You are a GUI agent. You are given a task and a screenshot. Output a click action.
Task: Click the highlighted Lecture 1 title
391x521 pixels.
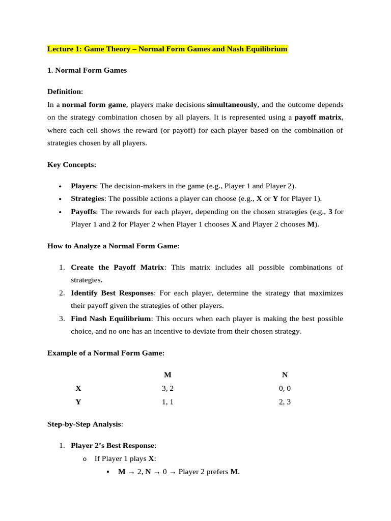pos(167,49)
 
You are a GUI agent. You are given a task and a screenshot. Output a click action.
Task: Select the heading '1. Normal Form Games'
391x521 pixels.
pos(87,71)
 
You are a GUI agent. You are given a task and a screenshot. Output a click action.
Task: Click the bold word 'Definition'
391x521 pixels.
pos(64,92)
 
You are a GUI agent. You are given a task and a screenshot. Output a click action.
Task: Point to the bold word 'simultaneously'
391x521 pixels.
pos(232,104)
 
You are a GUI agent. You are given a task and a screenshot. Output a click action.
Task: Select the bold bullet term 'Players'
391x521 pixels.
pos(83,186)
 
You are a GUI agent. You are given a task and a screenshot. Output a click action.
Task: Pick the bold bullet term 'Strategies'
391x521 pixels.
pos(87,198)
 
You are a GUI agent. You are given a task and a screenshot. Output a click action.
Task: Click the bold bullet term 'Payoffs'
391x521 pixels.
pos(84,211)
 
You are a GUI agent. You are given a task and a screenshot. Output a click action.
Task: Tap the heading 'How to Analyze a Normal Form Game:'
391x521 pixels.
pos(114,246)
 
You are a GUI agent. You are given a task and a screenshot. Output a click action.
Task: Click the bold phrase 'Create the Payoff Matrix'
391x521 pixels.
pos(117,267)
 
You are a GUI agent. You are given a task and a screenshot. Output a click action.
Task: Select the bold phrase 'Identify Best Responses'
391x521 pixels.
pos(112,293)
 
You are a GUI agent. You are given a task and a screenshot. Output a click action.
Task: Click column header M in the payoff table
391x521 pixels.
pos(167,375)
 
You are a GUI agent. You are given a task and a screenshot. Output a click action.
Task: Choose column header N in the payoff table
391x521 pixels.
pos(285,375)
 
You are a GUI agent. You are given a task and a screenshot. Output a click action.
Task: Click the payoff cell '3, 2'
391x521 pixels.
pos(167,388)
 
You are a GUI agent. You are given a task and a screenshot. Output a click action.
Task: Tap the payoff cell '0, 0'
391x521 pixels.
pos(285,388)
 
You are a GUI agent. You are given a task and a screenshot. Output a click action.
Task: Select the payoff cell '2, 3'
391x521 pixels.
pos(285,402)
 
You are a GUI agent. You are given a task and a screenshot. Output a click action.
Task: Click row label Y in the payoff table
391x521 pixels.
pos(78,402)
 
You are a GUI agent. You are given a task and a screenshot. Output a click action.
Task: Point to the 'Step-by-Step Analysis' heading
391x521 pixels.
pos(85,424)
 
